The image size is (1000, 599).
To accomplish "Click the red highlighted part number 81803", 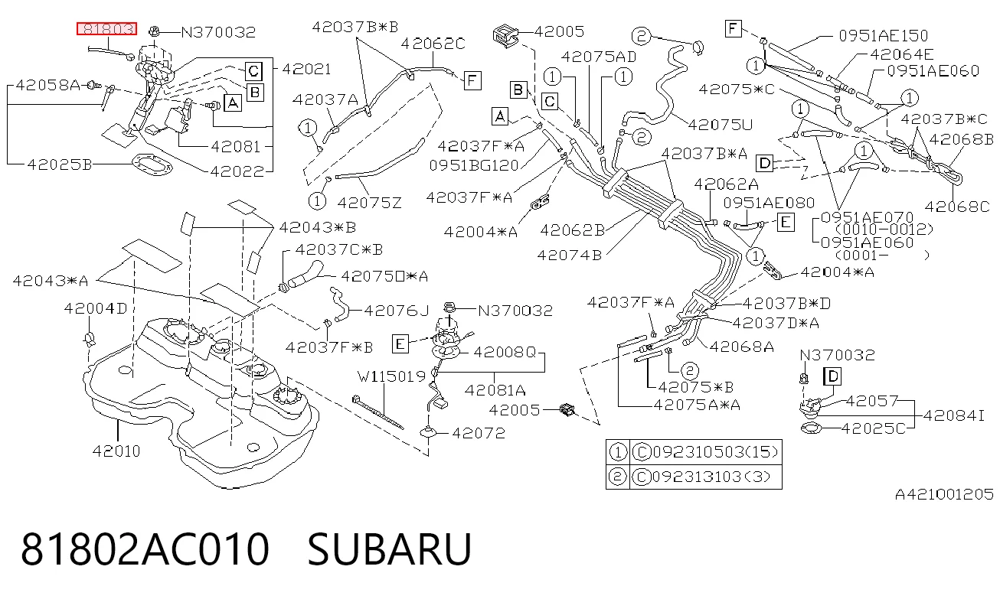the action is point(106,29).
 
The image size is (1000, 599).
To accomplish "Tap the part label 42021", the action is point(307,69).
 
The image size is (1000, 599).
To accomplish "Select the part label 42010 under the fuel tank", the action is point(116,451).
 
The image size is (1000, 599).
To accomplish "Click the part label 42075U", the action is point(721,125).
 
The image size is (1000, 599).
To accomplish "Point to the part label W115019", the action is point(392,377).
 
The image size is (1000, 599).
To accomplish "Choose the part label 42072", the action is point(479,433).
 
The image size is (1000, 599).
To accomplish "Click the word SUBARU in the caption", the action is point(389,549).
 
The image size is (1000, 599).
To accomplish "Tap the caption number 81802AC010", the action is point(145,549).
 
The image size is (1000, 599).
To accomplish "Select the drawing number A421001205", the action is point(944,494).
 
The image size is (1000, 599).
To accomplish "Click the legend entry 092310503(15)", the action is point(716,452).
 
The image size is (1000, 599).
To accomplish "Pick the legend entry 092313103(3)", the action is point(711,477).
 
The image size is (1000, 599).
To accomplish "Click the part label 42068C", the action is point(957,207).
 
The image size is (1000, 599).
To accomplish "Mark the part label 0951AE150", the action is point(884,36).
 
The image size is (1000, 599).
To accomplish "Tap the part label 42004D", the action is point(96,308).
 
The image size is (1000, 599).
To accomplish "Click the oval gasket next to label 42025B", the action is point(152,164).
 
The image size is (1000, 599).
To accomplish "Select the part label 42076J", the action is point(397,311).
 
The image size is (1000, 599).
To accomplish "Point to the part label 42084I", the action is point(953,415).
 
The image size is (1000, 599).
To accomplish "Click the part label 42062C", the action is point(433,44).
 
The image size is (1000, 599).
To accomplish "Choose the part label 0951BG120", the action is point(474,165).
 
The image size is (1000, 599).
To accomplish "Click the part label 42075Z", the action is point(369,203).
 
